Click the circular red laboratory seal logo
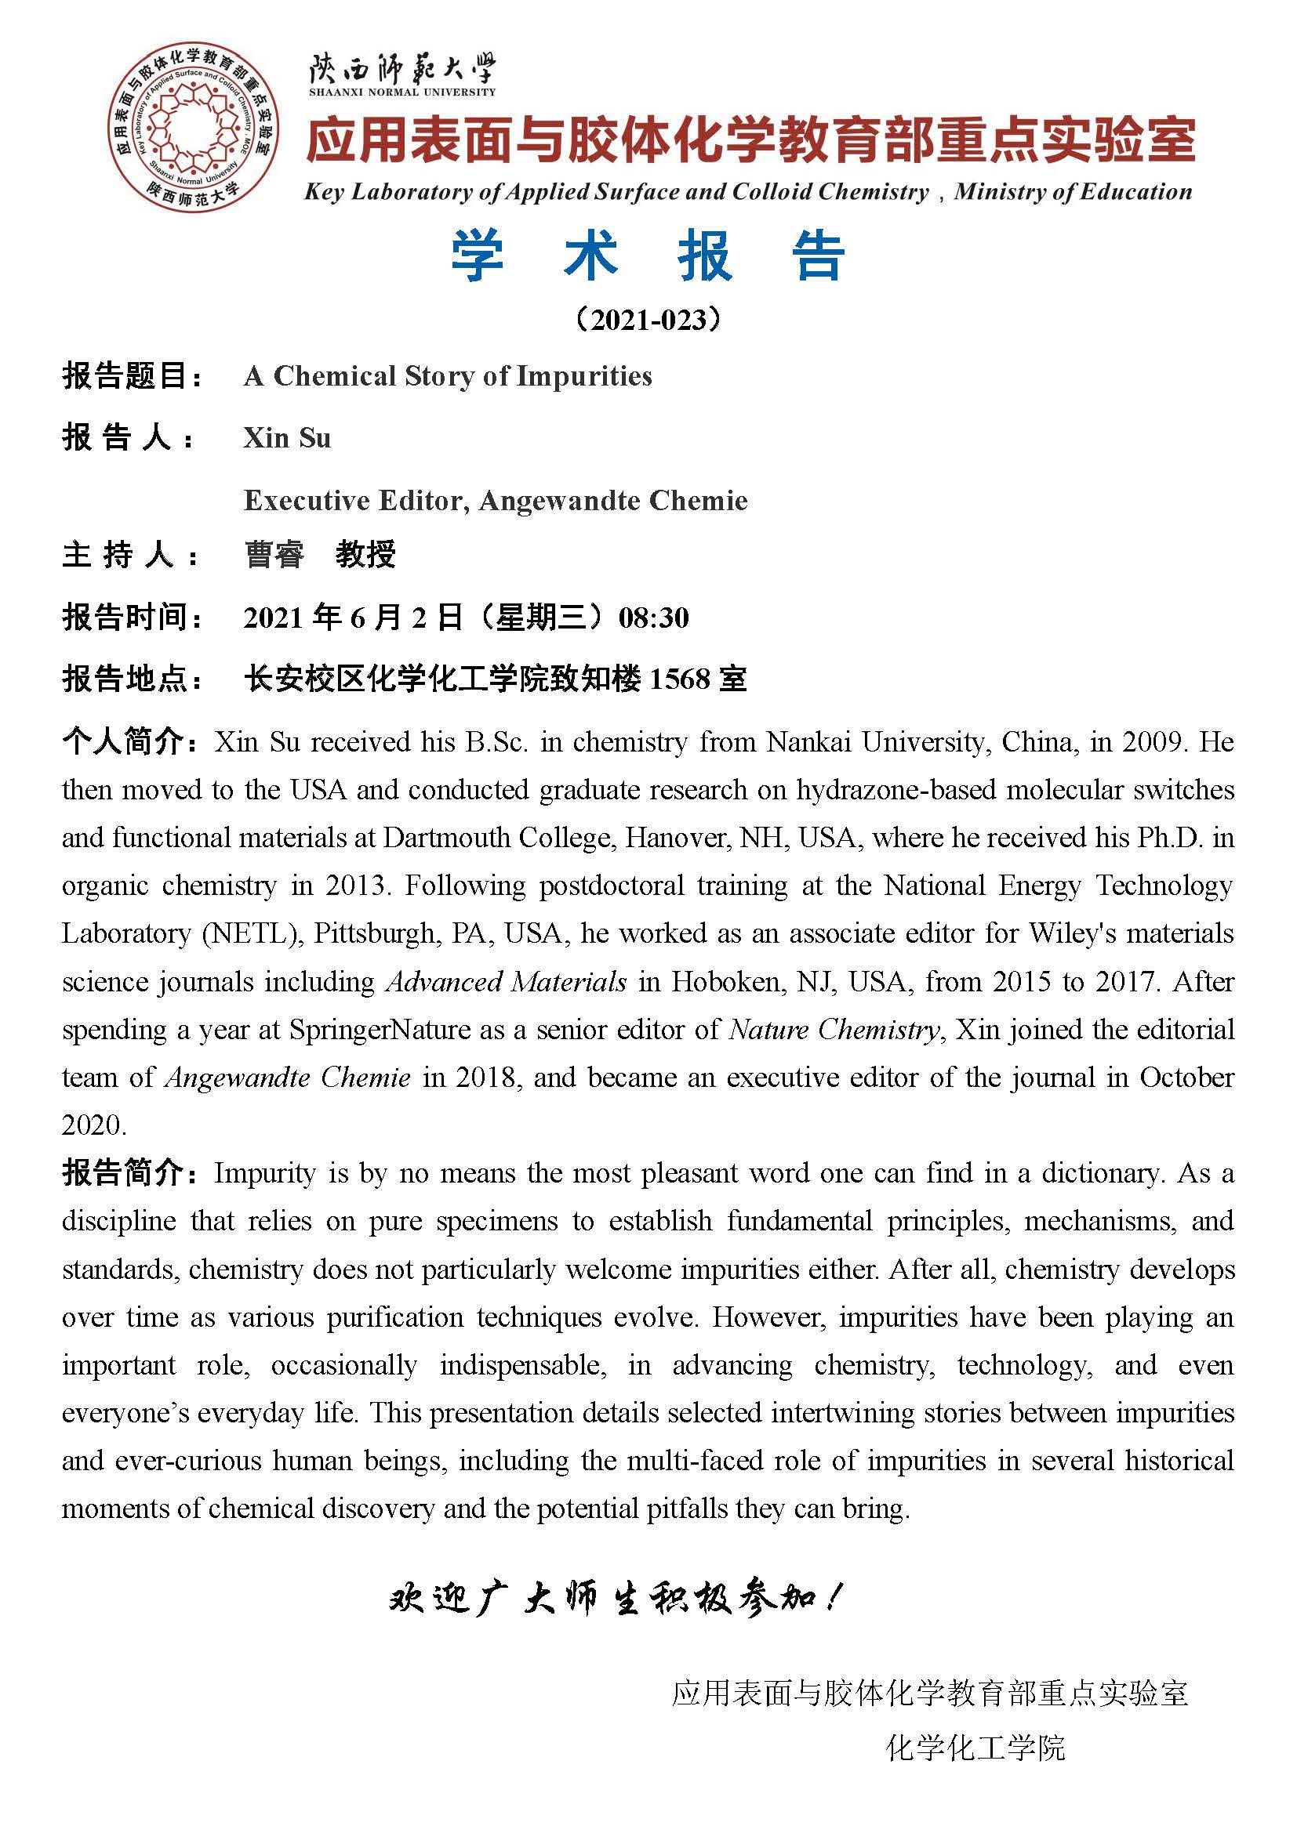click(x=193, y=129)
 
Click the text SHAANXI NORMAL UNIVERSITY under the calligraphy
click(x=401, y=92)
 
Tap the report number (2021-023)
click(x=648, y=321)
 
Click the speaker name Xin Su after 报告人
click(x=287, y=438)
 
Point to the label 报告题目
click(x=132, y=376)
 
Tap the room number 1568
click(x=680, y=679)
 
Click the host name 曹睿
click(x=274, y=554)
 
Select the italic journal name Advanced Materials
click(x=506, y=982)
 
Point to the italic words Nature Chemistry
click(x=834, y=1030)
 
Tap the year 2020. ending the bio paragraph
click(x=94, y=1125)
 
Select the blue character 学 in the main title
click(x=477, y=256)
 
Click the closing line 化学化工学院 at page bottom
click(x=975, y=1748)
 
